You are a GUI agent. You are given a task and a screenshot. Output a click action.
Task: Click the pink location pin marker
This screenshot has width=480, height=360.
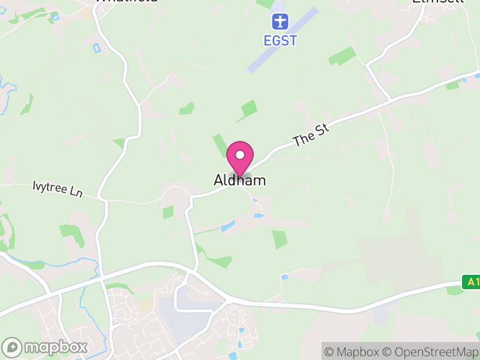240,158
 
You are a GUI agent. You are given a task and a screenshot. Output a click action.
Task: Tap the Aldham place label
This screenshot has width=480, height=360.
239,180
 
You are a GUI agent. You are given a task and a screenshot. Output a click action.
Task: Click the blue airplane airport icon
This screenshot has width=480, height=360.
280,22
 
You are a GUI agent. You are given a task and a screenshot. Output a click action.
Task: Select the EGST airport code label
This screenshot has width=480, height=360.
280,41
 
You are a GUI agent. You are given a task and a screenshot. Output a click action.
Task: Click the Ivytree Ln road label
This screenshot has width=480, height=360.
57,190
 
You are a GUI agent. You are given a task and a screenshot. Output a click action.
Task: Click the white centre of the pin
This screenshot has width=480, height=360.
240,155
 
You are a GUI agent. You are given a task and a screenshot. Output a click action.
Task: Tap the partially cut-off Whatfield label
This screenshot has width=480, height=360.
127,1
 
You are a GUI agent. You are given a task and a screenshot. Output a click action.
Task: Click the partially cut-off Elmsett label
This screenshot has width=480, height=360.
430,1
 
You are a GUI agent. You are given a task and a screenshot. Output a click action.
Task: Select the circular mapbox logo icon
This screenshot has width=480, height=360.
12,347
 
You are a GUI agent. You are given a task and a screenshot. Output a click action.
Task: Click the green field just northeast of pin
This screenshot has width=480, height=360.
248,109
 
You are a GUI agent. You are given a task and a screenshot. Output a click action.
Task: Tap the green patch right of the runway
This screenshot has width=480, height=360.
342,56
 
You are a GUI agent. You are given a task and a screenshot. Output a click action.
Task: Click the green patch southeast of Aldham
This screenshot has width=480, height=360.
279,239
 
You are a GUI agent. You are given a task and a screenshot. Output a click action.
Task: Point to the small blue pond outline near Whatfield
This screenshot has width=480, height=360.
96,47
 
